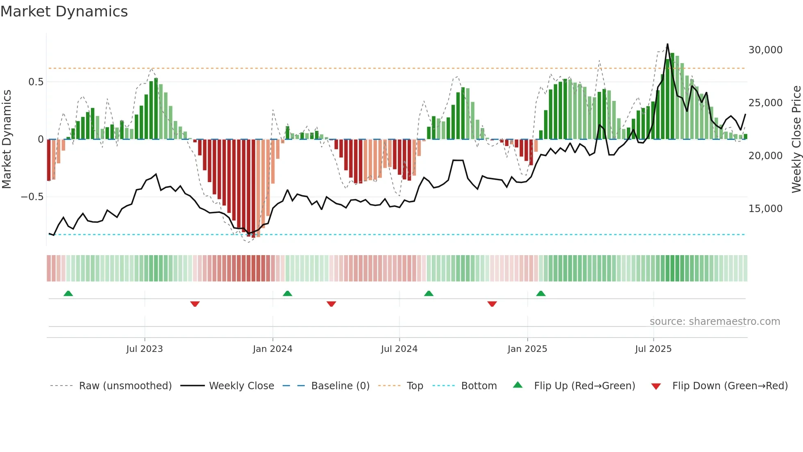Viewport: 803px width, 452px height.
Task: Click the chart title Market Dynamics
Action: [64, 11]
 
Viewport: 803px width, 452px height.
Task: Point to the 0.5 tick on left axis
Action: [36, 82]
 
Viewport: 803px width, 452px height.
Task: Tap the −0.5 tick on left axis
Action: [32, 197]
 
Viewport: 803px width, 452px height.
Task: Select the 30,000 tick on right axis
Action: [765, 50]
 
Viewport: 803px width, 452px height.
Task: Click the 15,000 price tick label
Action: [765, 209]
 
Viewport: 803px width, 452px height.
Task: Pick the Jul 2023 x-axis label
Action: [144, 349]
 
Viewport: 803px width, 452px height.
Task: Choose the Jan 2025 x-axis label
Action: [527, 349]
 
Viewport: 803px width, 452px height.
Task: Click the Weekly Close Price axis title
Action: [796, 139]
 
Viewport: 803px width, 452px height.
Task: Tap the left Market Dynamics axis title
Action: [7, 139]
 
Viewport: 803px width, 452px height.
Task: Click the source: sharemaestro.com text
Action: [715, 322]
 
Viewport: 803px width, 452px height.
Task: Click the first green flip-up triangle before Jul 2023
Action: [68, 294]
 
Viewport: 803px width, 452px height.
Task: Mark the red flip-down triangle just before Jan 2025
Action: [492, 304]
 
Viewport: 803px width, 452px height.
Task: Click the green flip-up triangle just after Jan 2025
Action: [541, 294]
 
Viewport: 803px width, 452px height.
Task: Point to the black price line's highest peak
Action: [667, 44]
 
